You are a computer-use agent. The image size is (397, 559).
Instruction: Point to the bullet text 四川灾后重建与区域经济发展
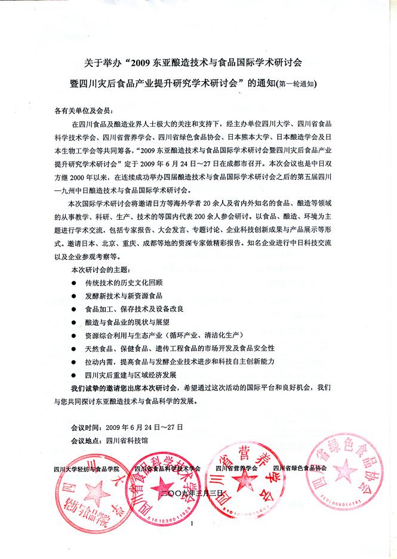(x=131, y=374)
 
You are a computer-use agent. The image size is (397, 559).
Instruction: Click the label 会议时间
(x=85, y=428)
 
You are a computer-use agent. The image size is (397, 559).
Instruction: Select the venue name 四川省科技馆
(x=127, y=441)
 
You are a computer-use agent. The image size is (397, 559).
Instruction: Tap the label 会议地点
(x=85, y=441)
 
